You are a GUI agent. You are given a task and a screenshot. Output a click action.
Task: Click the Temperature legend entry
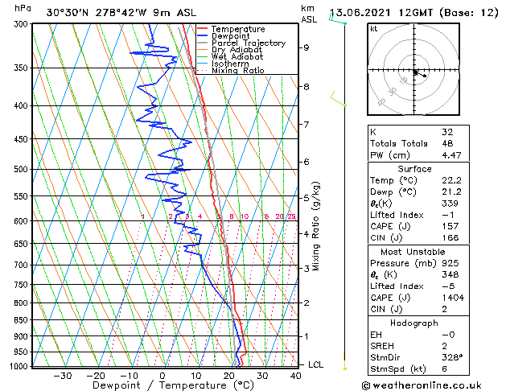(238, 29)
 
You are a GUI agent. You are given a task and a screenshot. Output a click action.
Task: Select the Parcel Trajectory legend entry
(248, 43)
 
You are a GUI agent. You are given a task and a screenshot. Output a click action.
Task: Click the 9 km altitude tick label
(306, 47)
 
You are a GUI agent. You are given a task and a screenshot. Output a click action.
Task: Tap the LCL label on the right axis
(317, 364)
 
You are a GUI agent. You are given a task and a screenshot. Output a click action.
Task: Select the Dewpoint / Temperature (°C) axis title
(160, 385)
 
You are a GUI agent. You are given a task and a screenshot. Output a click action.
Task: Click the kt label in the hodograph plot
(374, 29)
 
